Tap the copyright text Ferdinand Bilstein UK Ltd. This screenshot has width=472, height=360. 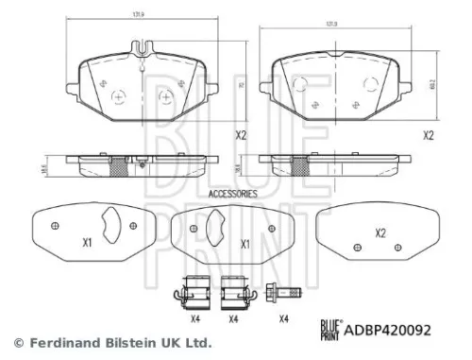tap(111, 342)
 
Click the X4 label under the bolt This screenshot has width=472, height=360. tap(283, 318)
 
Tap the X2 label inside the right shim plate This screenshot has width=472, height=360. tap(380, 233)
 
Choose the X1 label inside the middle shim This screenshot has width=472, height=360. tap(244, 243)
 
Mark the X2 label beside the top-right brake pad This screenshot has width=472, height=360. tap(428, 135)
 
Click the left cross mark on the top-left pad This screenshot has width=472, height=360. tap(118, 95)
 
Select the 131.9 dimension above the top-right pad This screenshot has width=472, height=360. tap(332, 25)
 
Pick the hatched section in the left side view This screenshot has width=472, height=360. tap(119, 167)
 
